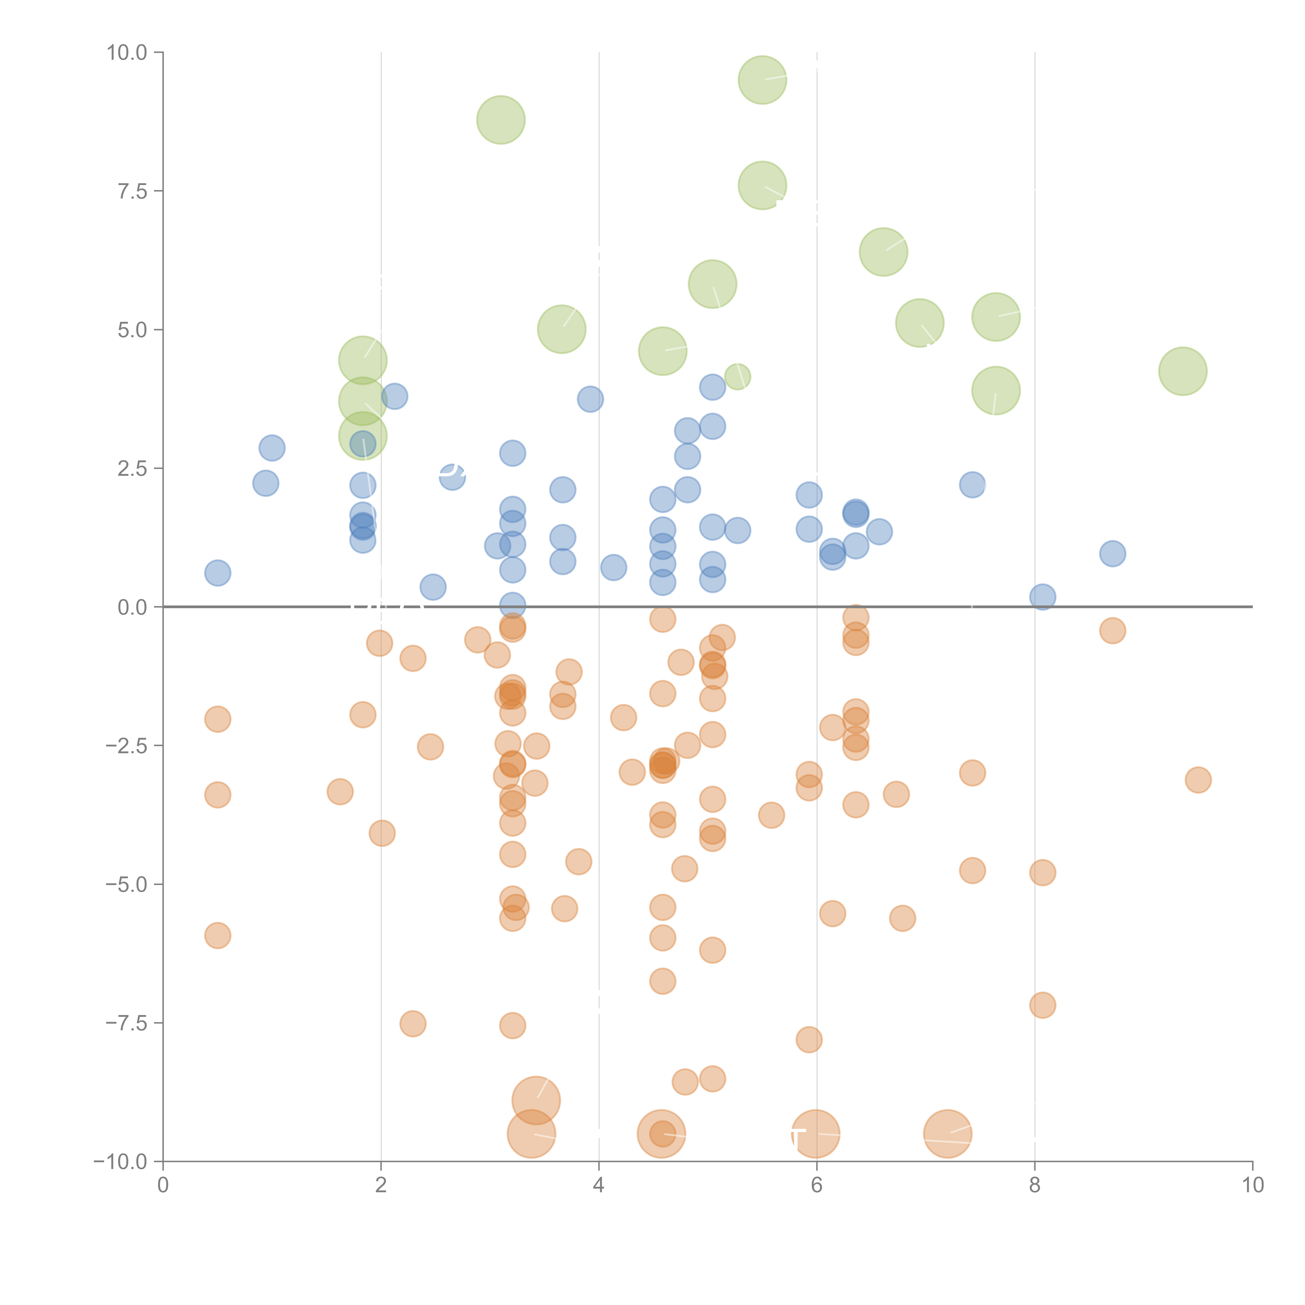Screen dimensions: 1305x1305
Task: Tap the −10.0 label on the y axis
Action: click(120, 1162)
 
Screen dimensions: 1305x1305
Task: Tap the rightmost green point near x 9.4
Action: click(1183, 371)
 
